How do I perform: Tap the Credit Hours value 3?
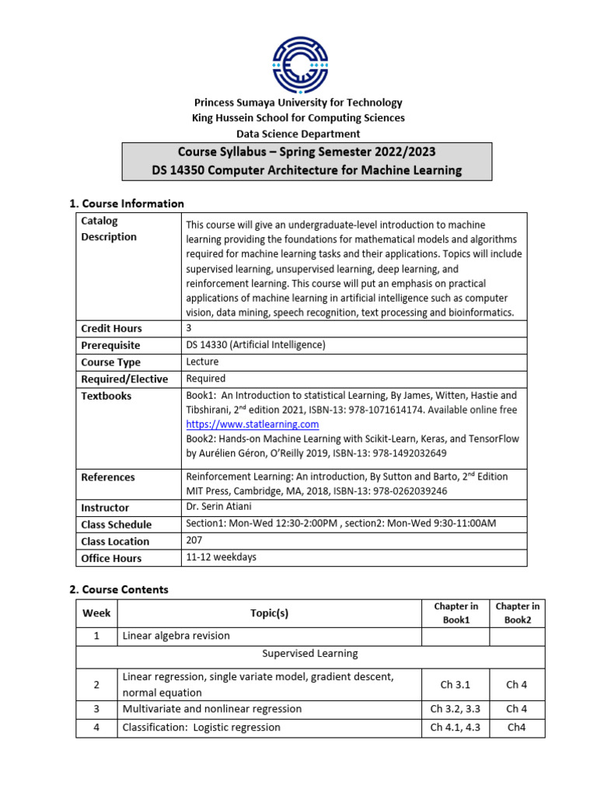(x=189, y=328)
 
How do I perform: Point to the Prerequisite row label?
(x=110, y=345)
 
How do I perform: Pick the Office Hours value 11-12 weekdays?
(x=221, y=557)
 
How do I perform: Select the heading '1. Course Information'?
(x=127, y=204)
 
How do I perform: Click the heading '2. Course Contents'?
(x=118, y=589)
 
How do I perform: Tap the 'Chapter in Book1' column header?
(x=456, y=613)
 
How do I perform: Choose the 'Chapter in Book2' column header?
(x=517, y=613)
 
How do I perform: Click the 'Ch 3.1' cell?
(x=456, y=685)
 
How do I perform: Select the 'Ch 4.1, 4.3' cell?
(x=456, y=728)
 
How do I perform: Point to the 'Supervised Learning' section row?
(x=310, y=654)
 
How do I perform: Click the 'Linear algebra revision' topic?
(x=176, y=636)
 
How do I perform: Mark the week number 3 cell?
(x=96, y=709)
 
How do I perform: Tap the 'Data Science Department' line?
(x=298, y=134)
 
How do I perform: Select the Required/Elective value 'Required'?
(x=206, y=379)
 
